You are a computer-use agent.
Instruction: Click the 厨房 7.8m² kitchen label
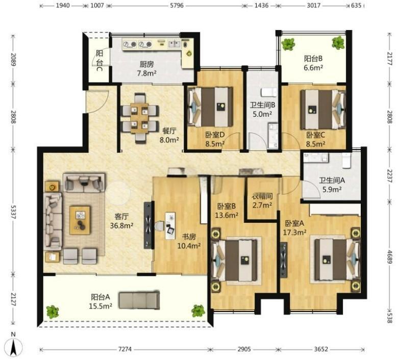pyautogui.click(x=146, y=69)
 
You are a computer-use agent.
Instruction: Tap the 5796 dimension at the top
pyautogui.click(x=177, y=5)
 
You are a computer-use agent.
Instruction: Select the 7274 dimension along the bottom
pyautogui.click(x=125, y=349)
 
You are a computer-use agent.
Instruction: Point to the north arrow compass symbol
pyautogui.click(x=13, y=346)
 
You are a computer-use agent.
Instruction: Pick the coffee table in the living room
pyautogui.click(x=80, y=220)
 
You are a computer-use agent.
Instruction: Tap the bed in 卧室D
pyautogui.click(x=210, y=107)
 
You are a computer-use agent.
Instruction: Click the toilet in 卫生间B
pyautogui.click(x=269, y=92)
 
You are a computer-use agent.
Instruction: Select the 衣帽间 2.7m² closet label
pyautogui.click(x=262, y=201)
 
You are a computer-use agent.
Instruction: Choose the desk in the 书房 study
pyautogui.click(x=170, y=226)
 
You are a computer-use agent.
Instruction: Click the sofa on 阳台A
pyautogui.click(x=139, y=300)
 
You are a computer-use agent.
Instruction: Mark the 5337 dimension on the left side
pyautogui.click(x=13, y=211)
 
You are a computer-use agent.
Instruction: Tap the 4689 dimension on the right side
pyautogui.click(x=389, y=257)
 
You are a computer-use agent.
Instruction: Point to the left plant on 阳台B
pyautogui.click(x=288, y=44)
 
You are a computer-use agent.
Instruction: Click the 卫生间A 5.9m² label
pyautogui.click(x=332, y=185)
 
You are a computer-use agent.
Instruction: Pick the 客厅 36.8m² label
pyautogui.click(x=121, y=221)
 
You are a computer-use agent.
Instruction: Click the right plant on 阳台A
pyautogui.click(x=198, y=311)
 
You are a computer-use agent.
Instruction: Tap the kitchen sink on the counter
pyautogui.click(x=174, y=44)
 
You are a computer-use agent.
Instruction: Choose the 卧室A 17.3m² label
pyautogui.click(x=294, y=227)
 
